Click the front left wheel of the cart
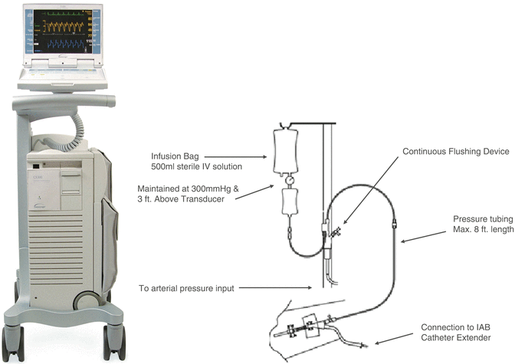pos(14,342)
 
